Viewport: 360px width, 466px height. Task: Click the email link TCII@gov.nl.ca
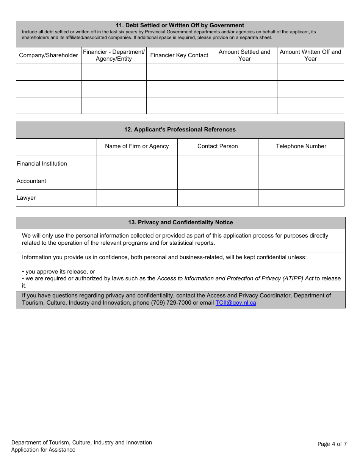pyautogui.click(x=236, y=303)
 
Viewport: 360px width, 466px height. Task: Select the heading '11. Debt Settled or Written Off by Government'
pyautogui.click(x=180, y=25)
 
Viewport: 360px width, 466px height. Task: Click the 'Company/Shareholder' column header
pyautogui.click(x=49, y=55)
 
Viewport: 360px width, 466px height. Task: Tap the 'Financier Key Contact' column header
pyautogui.click(x=179, y=55)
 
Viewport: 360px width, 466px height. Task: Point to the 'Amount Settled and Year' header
pyautogui.click(x=244, y=55)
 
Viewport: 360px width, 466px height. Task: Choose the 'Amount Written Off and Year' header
pyautogui.click(x=310, y=55)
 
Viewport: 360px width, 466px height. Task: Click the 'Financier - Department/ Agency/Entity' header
pyautogui.click(x=114, y=55)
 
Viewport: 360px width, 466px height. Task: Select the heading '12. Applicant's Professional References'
pyautogui.click(x=180, y=130)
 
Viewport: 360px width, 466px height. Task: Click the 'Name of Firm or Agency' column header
pyautogui.click(x=137, y=146)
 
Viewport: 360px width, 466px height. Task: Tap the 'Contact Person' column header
pyautogui.click(x=218, y=146)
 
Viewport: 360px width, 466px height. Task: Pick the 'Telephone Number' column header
pyautogui.click(x=301, y=146)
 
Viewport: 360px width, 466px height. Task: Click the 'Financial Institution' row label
pyautogui.click(x=42, y=164)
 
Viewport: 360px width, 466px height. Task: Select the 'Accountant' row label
pyautogui.click(x=31, y=181)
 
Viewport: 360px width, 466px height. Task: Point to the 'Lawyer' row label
pyautogui.click(x=26, y=198)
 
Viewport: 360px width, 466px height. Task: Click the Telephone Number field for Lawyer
pyautogui.click(x=301, y=198)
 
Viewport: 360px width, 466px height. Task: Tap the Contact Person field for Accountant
pyautogui.click(x=218, y=181)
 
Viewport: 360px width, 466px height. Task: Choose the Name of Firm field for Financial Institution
pyautogui.click(x=137, y=164)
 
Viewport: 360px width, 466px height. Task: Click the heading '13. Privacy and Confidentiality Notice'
pyautogui.click(x=180, y=222)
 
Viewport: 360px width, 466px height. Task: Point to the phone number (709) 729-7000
pyautogui.click(x=171, y=303)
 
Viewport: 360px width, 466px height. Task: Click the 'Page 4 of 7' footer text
pyautogui.click(x=332, y=444)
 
